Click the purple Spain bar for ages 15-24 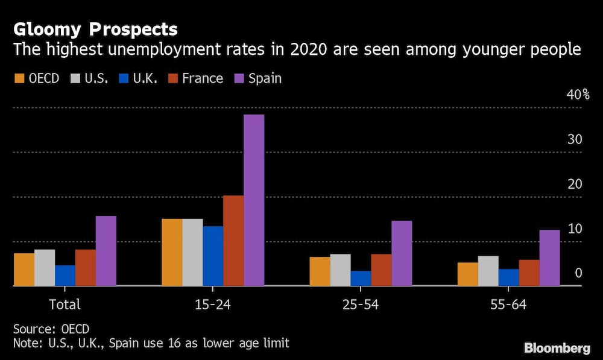click(254, 200)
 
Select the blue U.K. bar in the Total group click(65, 276)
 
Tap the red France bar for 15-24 click(233, 240)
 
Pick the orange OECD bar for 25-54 click(320, 271)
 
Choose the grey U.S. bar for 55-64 click(488, 271)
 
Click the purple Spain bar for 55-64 click(549, 257)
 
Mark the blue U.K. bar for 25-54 click(361, 278)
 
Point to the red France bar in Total click(86, 268)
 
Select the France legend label click(203, 78)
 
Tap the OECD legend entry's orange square click(19, 78)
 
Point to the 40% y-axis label click(577, 95)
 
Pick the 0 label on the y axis click(578, 273)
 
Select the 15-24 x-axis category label click(212, 305)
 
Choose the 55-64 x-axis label click(508, 305)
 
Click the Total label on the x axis click(65, 305)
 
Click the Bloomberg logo click(557, 348)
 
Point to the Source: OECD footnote click(51, 329)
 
